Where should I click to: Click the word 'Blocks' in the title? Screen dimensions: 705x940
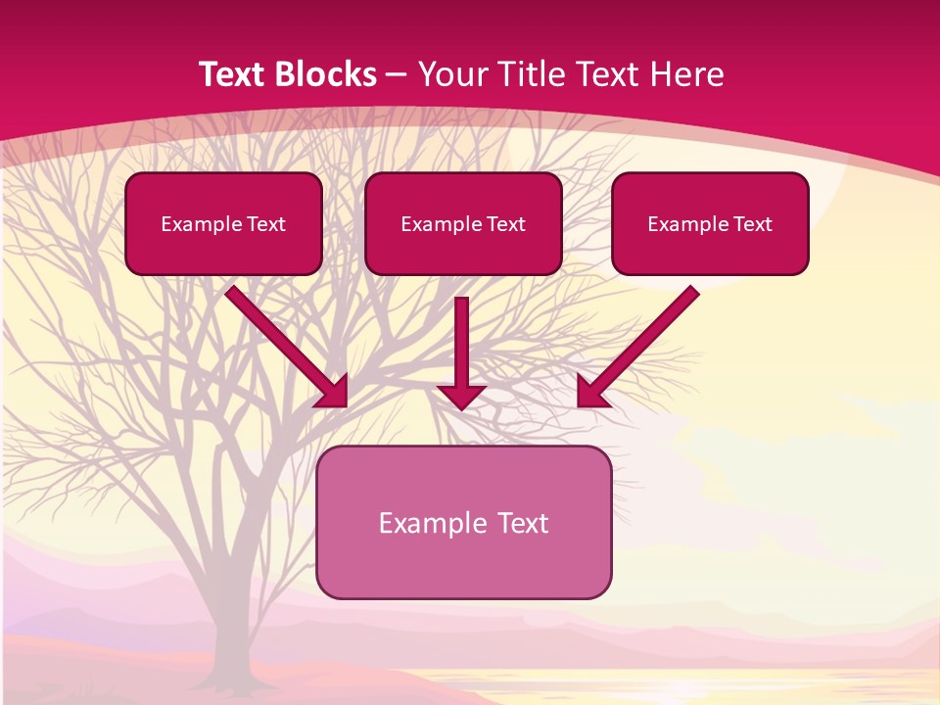pyautogui.click(x=328, y=74)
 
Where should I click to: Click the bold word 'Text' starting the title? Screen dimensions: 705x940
pyautogui.click(x=235, y=74)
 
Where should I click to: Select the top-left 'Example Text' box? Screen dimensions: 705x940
pyautogui.click(x=223, y=223)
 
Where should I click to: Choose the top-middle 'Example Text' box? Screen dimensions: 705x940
pyautogui.click(x=463, y=223)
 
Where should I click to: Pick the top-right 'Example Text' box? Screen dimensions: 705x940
pyautogui.click(x=710, y=223)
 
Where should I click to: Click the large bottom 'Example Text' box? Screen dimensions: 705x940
pyautogui.click(x=463, y=522)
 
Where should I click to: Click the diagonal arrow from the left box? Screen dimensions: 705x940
pyautogui.click(x=284, y=343)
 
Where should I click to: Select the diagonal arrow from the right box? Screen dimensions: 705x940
pyautogui.click(x=641, y=343)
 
